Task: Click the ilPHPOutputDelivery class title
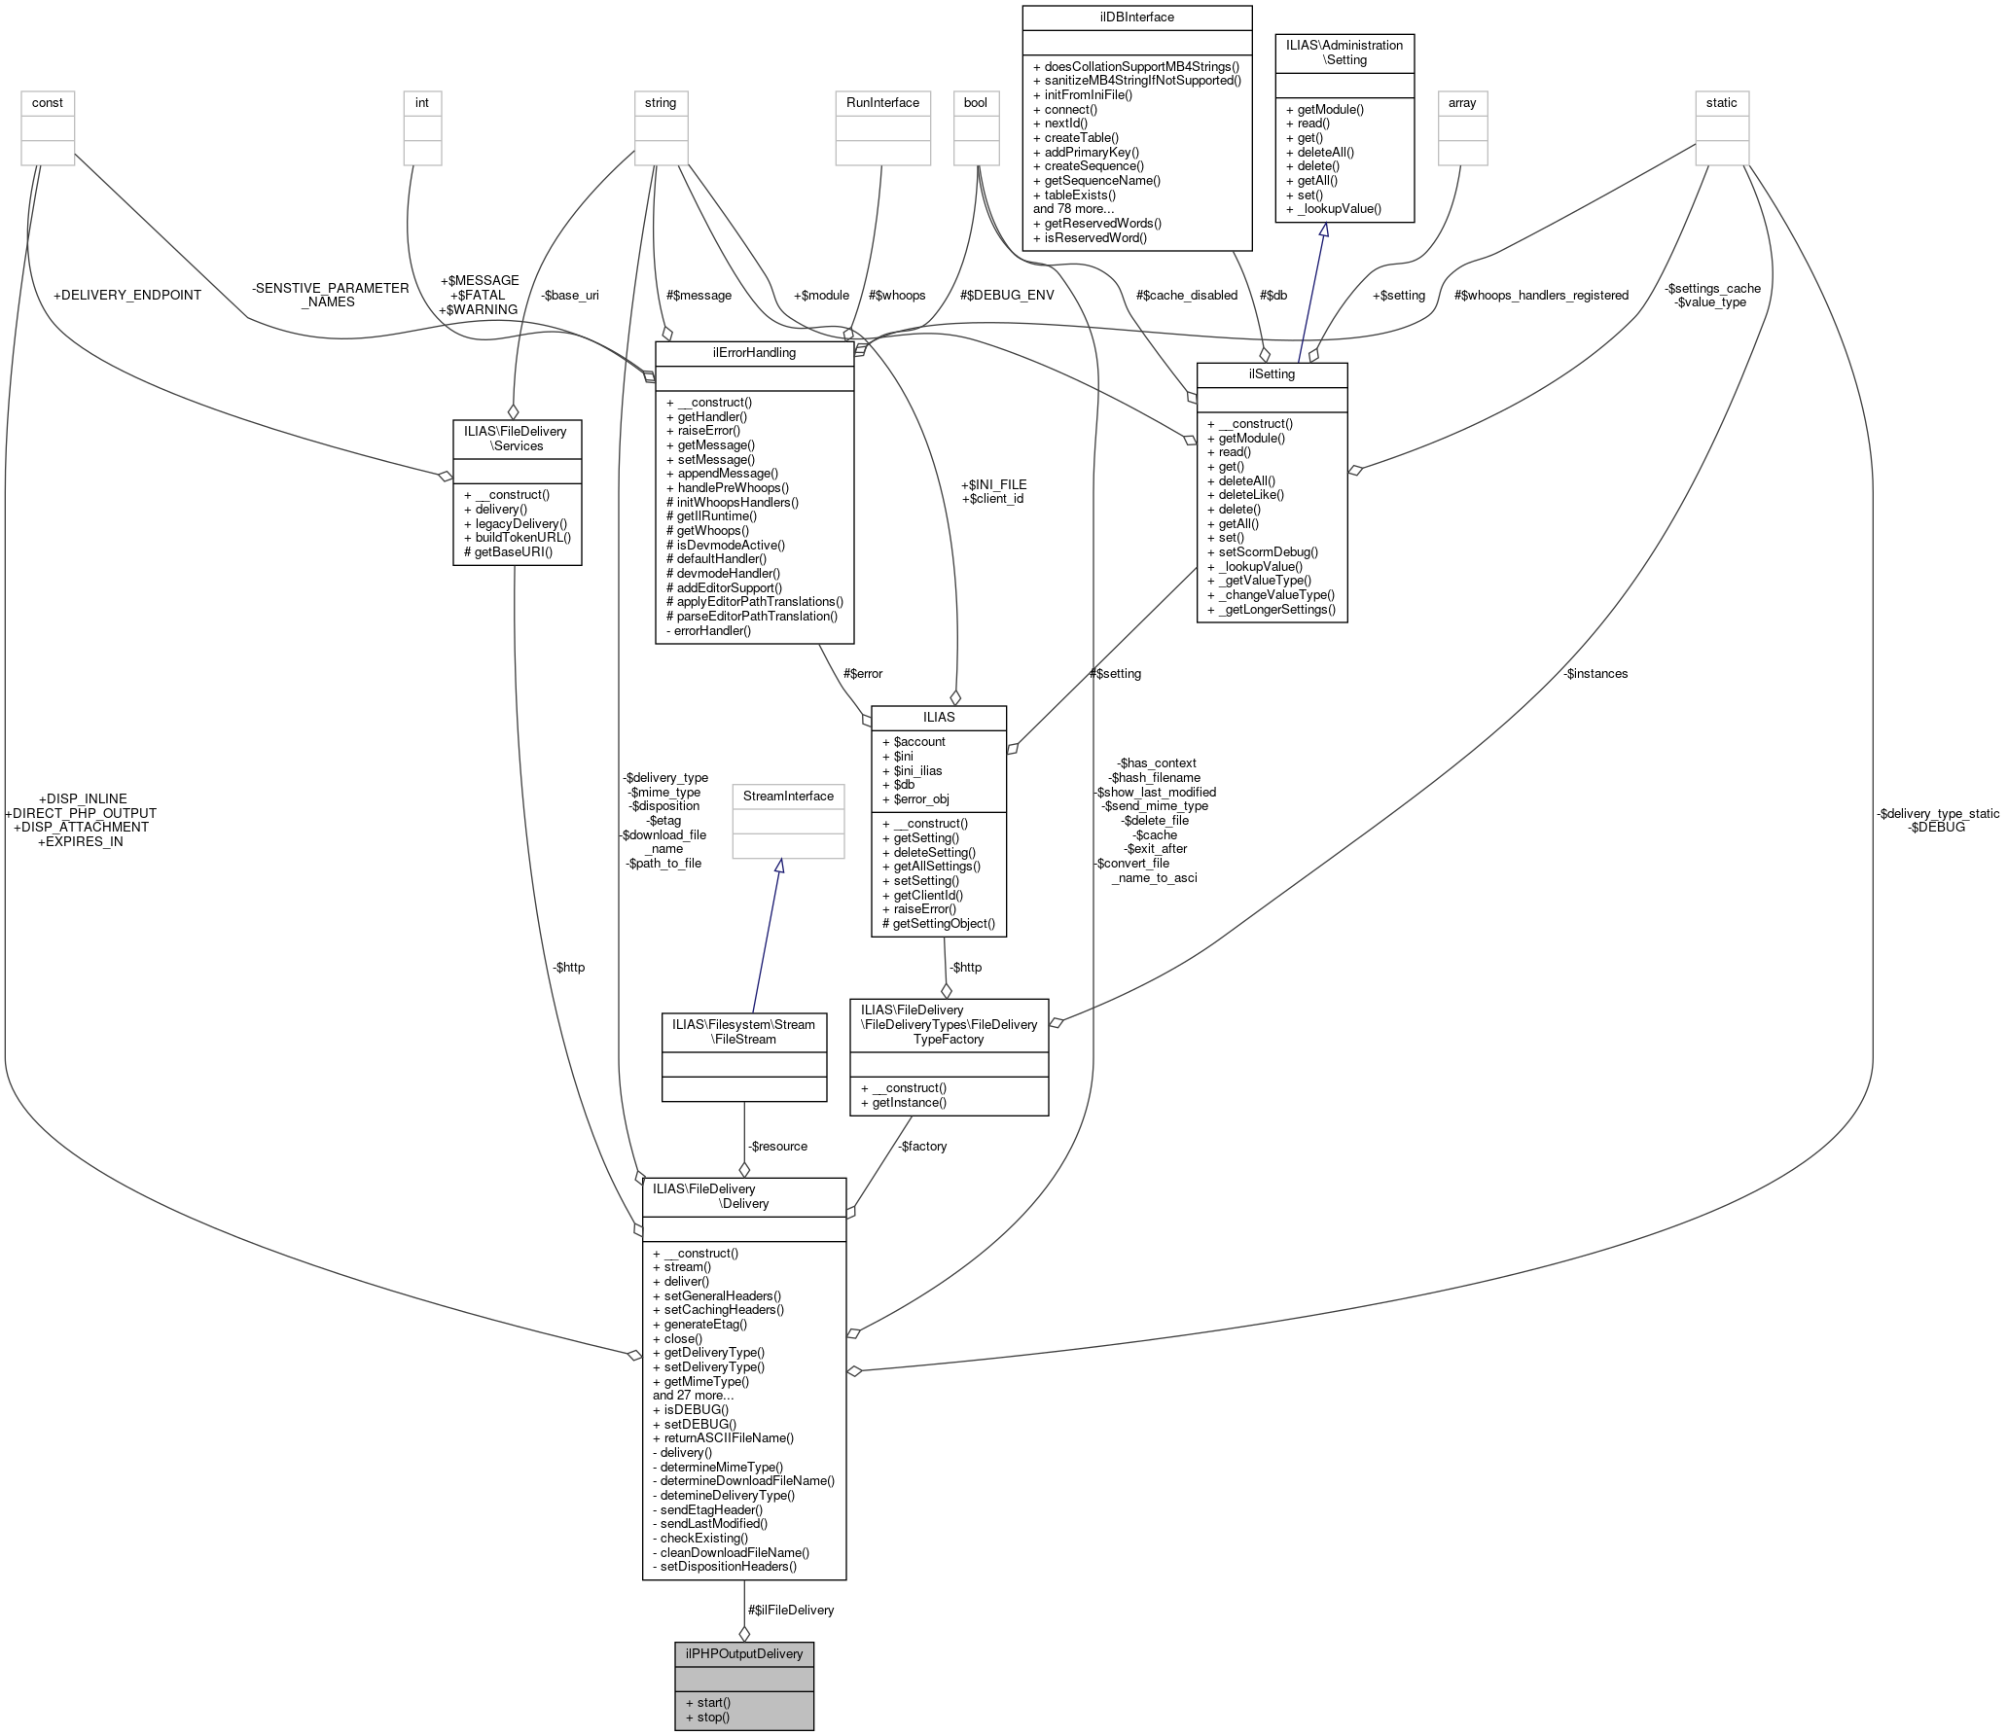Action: [x=744, y=1653]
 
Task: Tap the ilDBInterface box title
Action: [x=1136, y=18]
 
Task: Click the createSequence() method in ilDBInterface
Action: [x=1093, y=166]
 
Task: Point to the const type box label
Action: [x=48, y=103]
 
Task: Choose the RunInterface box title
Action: [x=882, y=103]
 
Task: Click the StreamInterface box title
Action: [x=788, y=797]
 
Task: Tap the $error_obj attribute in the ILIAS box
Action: [x=920, y=799]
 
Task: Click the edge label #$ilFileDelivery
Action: [x=791, y=1611]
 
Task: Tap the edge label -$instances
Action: [x=1595, y=674]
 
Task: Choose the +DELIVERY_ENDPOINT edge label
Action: [x=127, y=296]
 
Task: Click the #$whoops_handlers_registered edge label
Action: [x=1541, y=296]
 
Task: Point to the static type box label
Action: [x=1721, y=103]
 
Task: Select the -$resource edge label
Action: [x=777, y=1147]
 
